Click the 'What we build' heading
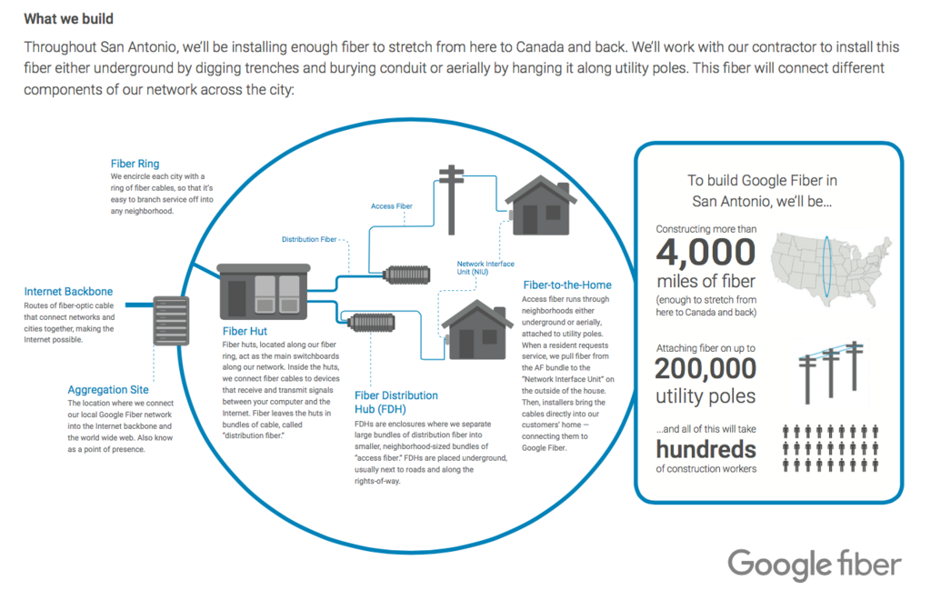[68, 19]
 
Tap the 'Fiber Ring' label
[135, 164]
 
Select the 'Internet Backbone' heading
[68, 292]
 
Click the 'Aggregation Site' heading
[108, 390]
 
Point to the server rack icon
[171, 321]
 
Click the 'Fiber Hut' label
[245, 331]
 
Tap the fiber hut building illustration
[264, 292]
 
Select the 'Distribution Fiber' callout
[309, 239]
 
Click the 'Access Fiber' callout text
[391, 206]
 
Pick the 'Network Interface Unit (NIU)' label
[486, 267]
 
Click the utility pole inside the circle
[451, 199]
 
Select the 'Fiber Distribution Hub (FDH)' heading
[396, 403]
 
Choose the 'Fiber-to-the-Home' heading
[567, 285]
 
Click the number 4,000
[706, 252]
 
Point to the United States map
[831, 269]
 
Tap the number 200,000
[706, 368]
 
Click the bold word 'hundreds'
[706, 450]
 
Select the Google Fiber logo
[815, 565]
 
